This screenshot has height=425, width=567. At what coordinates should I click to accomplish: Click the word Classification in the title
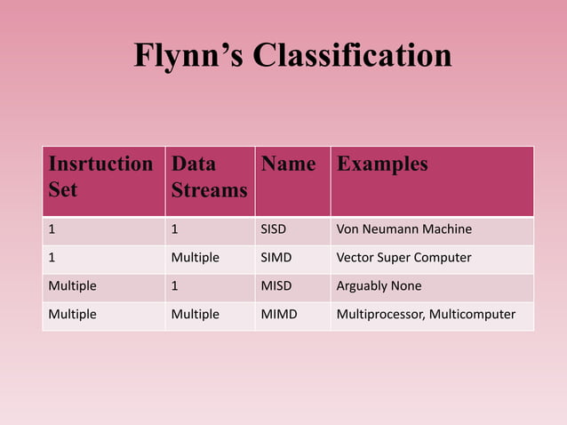[352, 55]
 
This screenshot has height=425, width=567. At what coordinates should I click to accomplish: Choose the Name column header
[288, 164]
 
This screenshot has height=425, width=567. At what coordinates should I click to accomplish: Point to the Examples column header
[382, 164]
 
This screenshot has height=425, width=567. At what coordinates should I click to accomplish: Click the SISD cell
[274, 230]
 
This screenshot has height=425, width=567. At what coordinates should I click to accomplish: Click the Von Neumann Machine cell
[403, 230]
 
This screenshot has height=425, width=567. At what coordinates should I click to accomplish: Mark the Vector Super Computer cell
[403, 258]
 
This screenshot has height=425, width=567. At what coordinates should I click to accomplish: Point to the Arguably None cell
[379, 286]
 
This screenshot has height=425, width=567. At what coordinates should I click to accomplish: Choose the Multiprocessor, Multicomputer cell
[426, 314]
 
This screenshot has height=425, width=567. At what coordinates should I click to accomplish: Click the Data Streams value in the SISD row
[175, 230]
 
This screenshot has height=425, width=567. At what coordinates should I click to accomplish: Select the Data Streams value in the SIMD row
[195, 258]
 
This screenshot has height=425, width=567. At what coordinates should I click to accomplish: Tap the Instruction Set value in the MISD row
[72, 286]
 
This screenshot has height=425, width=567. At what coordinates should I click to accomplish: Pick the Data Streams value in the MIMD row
[195, 314]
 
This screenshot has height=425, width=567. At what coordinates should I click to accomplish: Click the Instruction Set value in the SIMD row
[52, 258]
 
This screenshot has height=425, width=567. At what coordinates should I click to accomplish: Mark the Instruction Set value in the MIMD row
[72, 314]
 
